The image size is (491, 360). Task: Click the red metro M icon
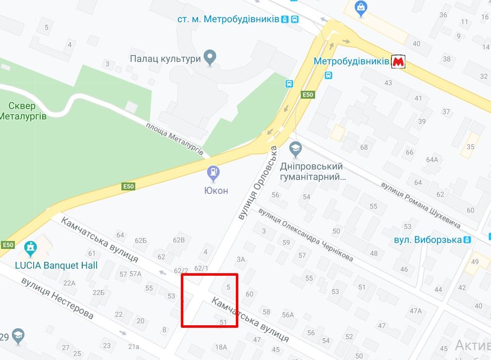398,61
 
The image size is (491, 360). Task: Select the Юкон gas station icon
214,174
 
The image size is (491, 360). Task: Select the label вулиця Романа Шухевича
420,205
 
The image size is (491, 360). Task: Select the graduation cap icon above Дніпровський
296,148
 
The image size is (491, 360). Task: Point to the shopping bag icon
361,7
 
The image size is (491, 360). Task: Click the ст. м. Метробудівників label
228,19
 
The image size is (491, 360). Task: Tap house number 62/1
201,268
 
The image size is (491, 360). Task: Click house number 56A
288,314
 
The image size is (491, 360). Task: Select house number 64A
432,159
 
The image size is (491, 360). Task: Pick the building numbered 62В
178,240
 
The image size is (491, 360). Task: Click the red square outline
210,300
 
